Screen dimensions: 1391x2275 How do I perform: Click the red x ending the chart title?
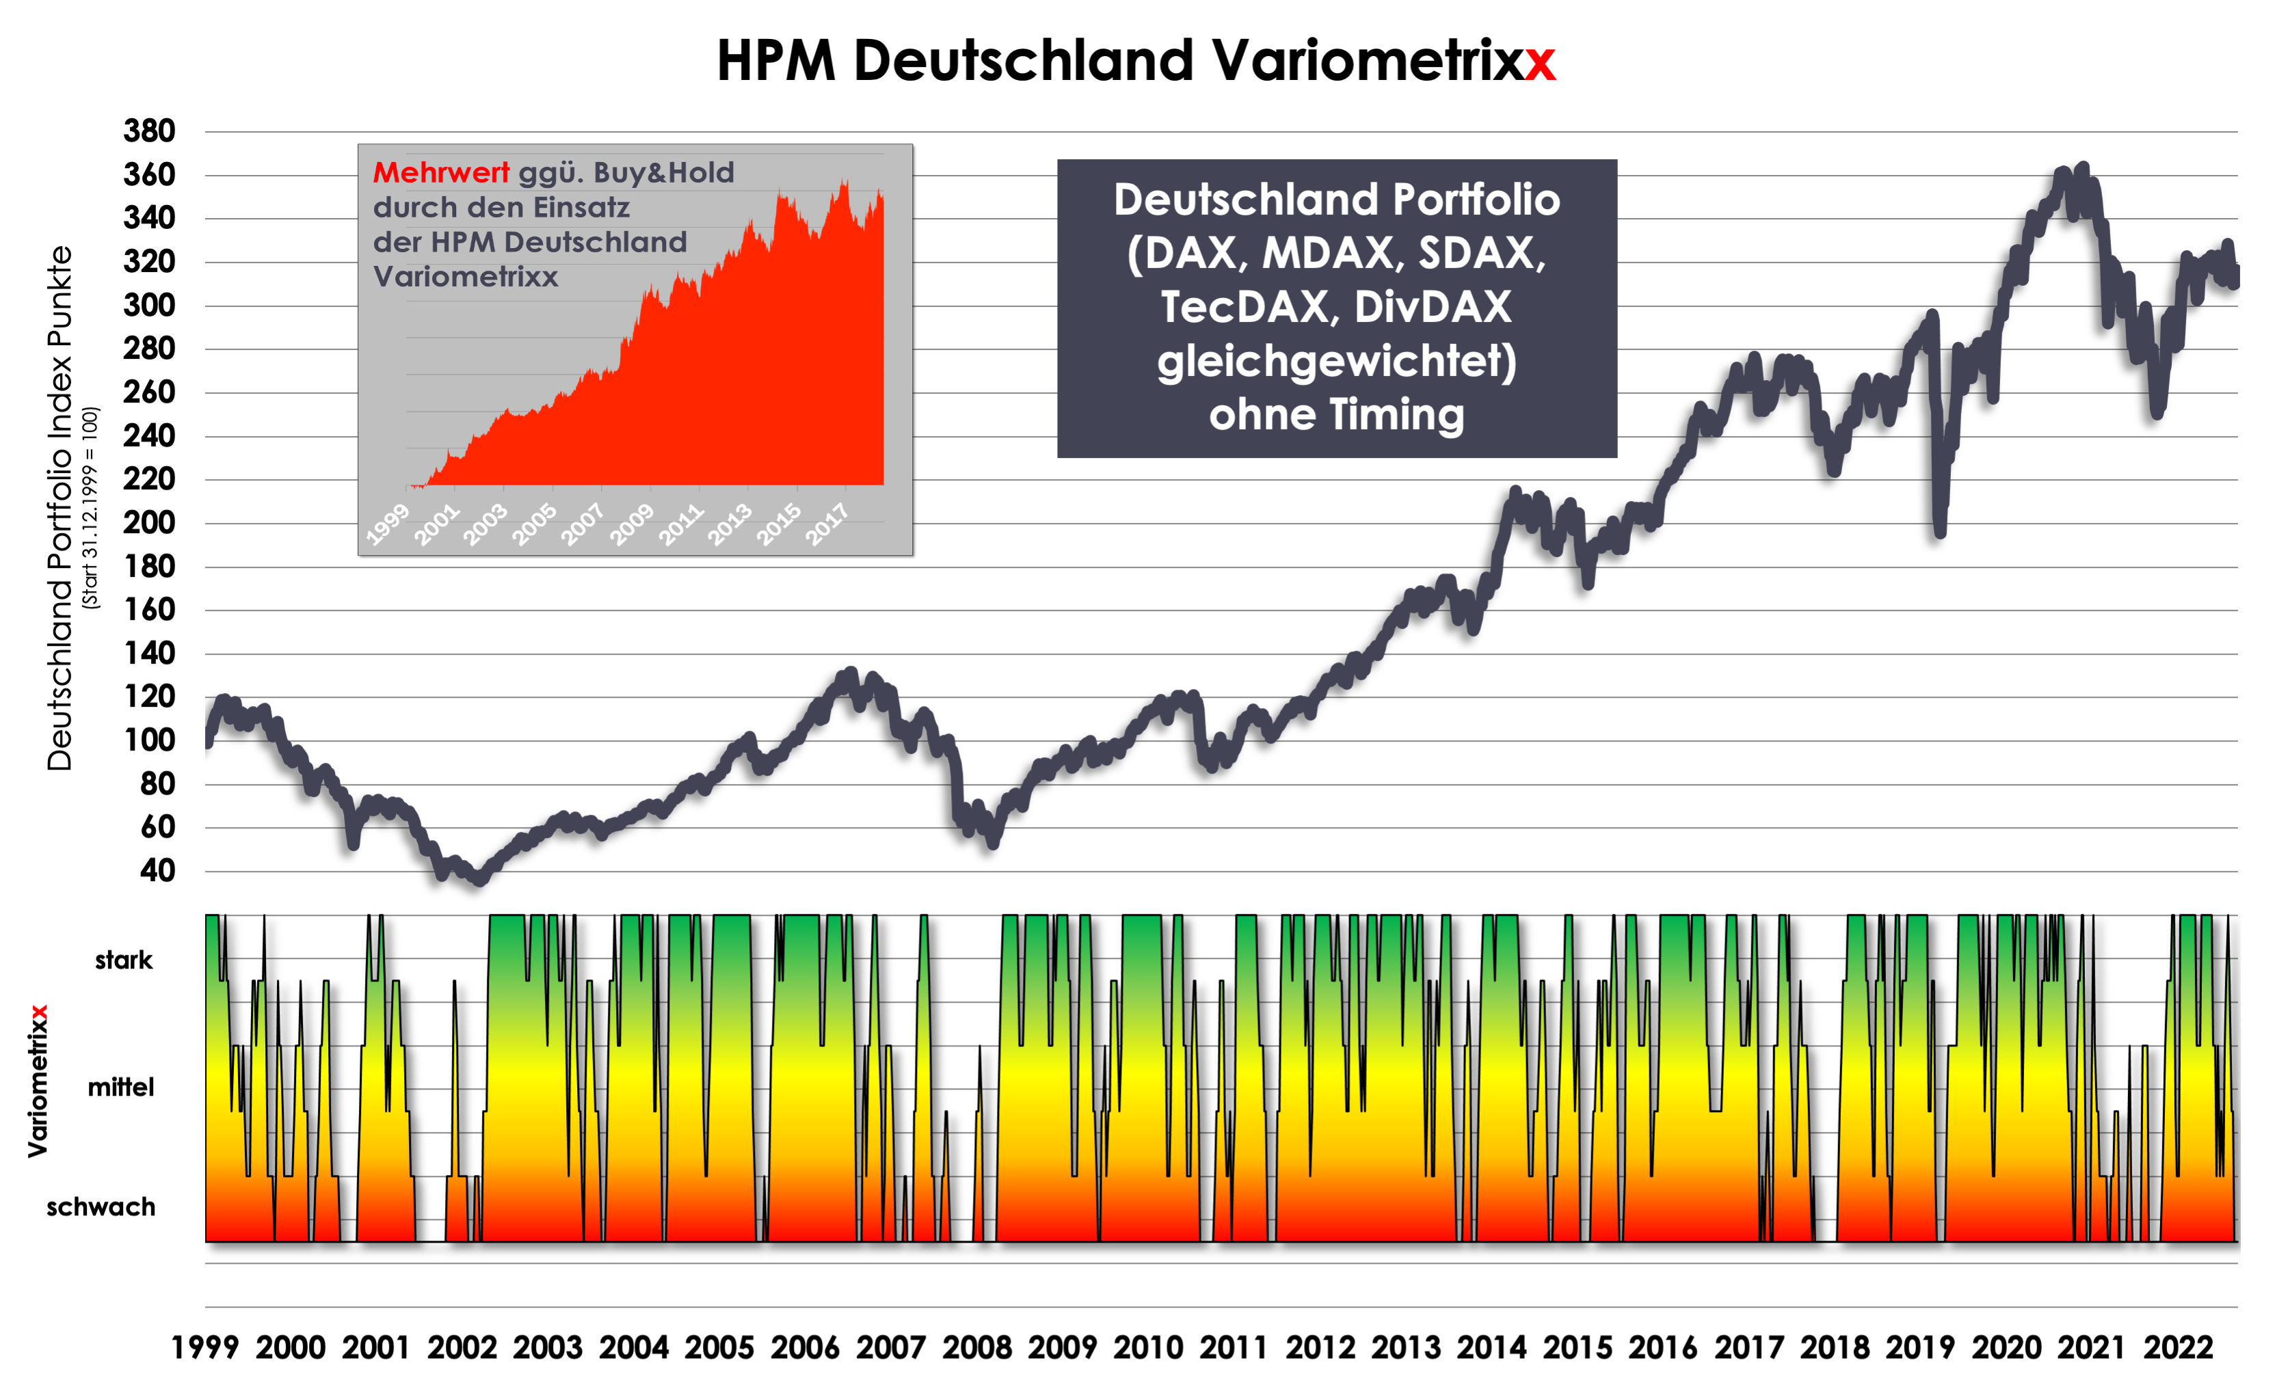click(1540, 63)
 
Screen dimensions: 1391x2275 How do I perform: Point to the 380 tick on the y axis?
click(150, 131)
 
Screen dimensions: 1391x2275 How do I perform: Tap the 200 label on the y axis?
click(150, 522)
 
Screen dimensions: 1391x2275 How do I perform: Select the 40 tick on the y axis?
click(157, 870)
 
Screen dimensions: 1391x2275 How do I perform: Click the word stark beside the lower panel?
click(124, 960)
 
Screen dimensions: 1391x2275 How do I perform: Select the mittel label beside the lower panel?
click(121, 1088)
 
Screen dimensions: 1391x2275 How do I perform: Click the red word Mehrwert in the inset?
click(440, 173)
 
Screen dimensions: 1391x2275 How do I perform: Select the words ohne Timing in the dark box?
click(1337, 414)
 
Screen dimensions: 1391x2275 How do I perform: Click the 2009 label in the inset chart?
click(633, 524)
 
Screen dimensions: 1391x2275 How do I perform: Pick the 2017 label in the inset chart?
click(827, 524)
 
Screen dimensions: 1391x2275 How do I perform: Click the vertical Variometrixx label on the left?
click(38, 1081)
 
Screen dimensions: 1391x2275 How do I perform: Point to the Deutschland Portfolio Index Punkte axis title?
click(59, 508)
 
